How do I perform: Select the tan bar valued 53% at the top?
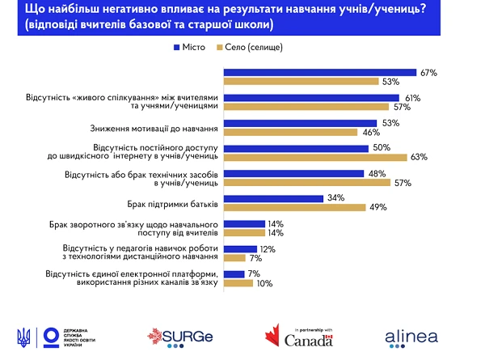[x=301, y=82]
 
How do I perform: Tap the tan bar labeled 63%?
[x=316, y=157]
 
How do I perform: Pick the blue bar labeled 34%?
[x=273, y=197]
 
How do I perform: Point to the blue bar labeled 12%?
[x=239, y=248]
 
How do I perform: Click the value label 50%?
[x=381, y=147]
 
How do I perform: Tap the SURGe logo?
[x=176, y=336]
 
